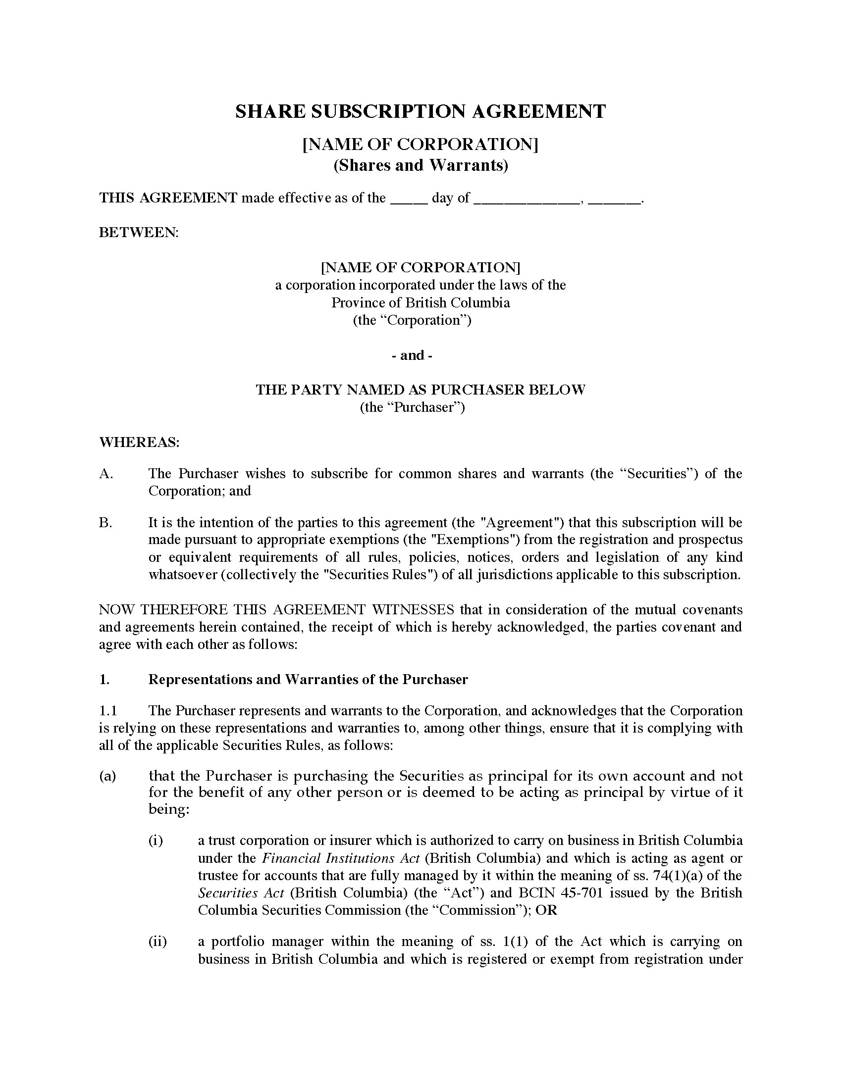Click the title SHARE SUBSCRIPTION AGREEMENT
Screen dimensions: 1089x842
click(421, 111)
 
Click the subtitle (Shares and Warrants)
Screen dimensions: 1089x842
click(421, 165)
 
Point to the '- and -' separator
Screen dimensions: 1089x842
click(412, 355)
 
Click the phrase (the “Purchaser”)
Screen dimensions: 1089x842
click(412, 407)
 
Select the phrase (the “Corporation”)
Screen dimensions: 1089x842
click(412, 320)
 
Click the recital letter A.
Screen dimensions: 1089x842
click(106, 474)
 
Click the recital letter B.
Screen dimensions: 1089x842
click(106, 523)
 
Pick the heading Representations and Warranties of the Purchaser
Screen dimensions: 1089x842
click(308, 680)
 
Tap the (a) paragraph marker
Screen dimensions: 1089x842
click(107, 776)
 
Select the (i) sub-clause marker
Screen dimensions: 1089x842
click(156, 841)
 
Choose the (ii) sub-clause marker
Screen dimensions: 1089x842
click(157, 941)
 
